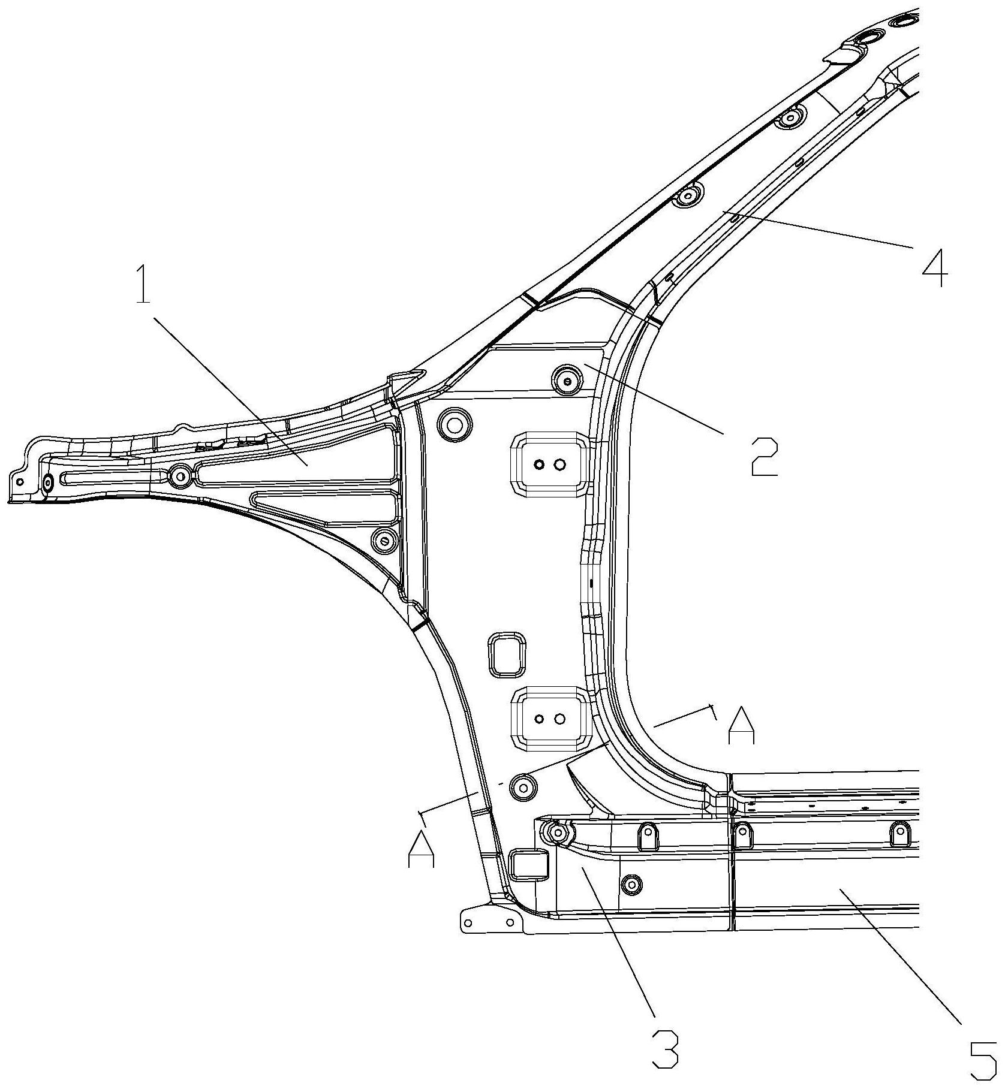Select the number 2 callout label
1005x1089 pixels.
(765, 457)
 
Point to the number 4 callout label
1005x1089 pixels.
(935, 267)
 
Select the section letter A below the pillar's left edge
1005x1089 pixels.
(421, 848)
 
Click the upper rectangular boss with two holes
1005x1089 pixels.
(549, 464)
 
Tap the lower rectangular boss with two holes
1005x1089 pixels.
(549, 719)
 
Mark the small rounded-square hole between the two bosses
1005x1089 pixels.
(507, 654)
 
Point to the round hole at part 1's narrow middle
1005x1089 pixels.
(179, 476)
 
